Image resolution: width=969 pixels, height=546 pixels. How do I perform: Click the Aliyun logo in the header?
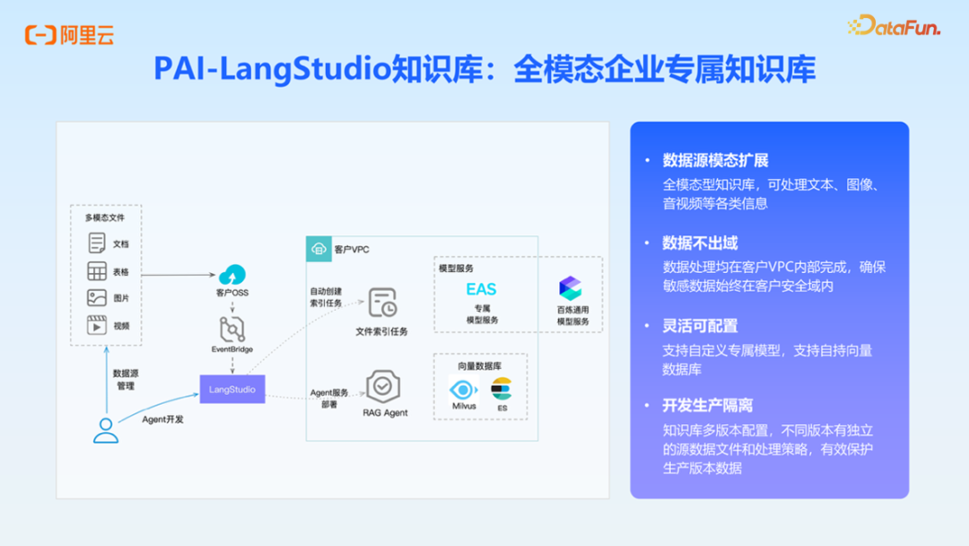[x=69, y=35]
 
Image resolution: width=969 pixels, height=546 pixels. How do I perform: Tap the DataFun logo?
[x=894, y=26]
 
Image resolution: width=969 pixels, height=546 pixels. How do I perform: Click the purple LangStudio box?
[x=232, y=390]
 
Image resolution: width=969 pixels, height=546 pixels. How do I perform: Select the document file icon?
[x=97, y=243]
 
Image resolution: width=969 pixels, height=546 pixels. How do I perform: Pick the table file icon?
[x=97, y=271]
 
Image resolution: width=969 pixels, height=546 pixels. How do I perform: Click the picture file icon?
[x=97, y=298]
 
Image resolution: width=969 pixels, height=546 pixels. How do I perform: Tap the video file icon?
[x=97, y=325]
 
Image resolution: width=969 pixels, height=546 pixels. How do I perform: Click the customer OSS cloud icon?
[x=232, y=275]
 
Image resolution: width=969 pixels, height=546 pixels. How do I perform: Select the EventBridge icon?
[x=232, y=330]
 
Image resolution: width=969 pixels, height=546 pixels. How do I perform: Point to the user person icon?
[x=106, y=431]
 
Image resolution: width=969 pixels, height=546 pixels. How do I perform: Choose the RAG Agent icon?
[x=383, y=386]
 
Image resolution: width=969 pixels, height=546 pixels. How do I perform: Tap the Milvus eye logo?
[x=464, y=390]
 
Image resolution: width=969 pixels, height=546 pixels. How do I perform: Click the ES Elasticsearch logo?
[x=501, y=390]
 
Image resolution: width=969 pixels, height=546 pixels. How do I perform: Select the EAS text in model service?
[x=481, y=289]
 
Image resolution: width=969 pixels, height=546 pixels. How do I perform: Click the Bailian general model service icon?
[x=570, y=288]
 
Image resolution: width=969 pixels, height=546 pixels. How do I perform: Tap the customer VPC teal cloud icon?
[x=319, y=249]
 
